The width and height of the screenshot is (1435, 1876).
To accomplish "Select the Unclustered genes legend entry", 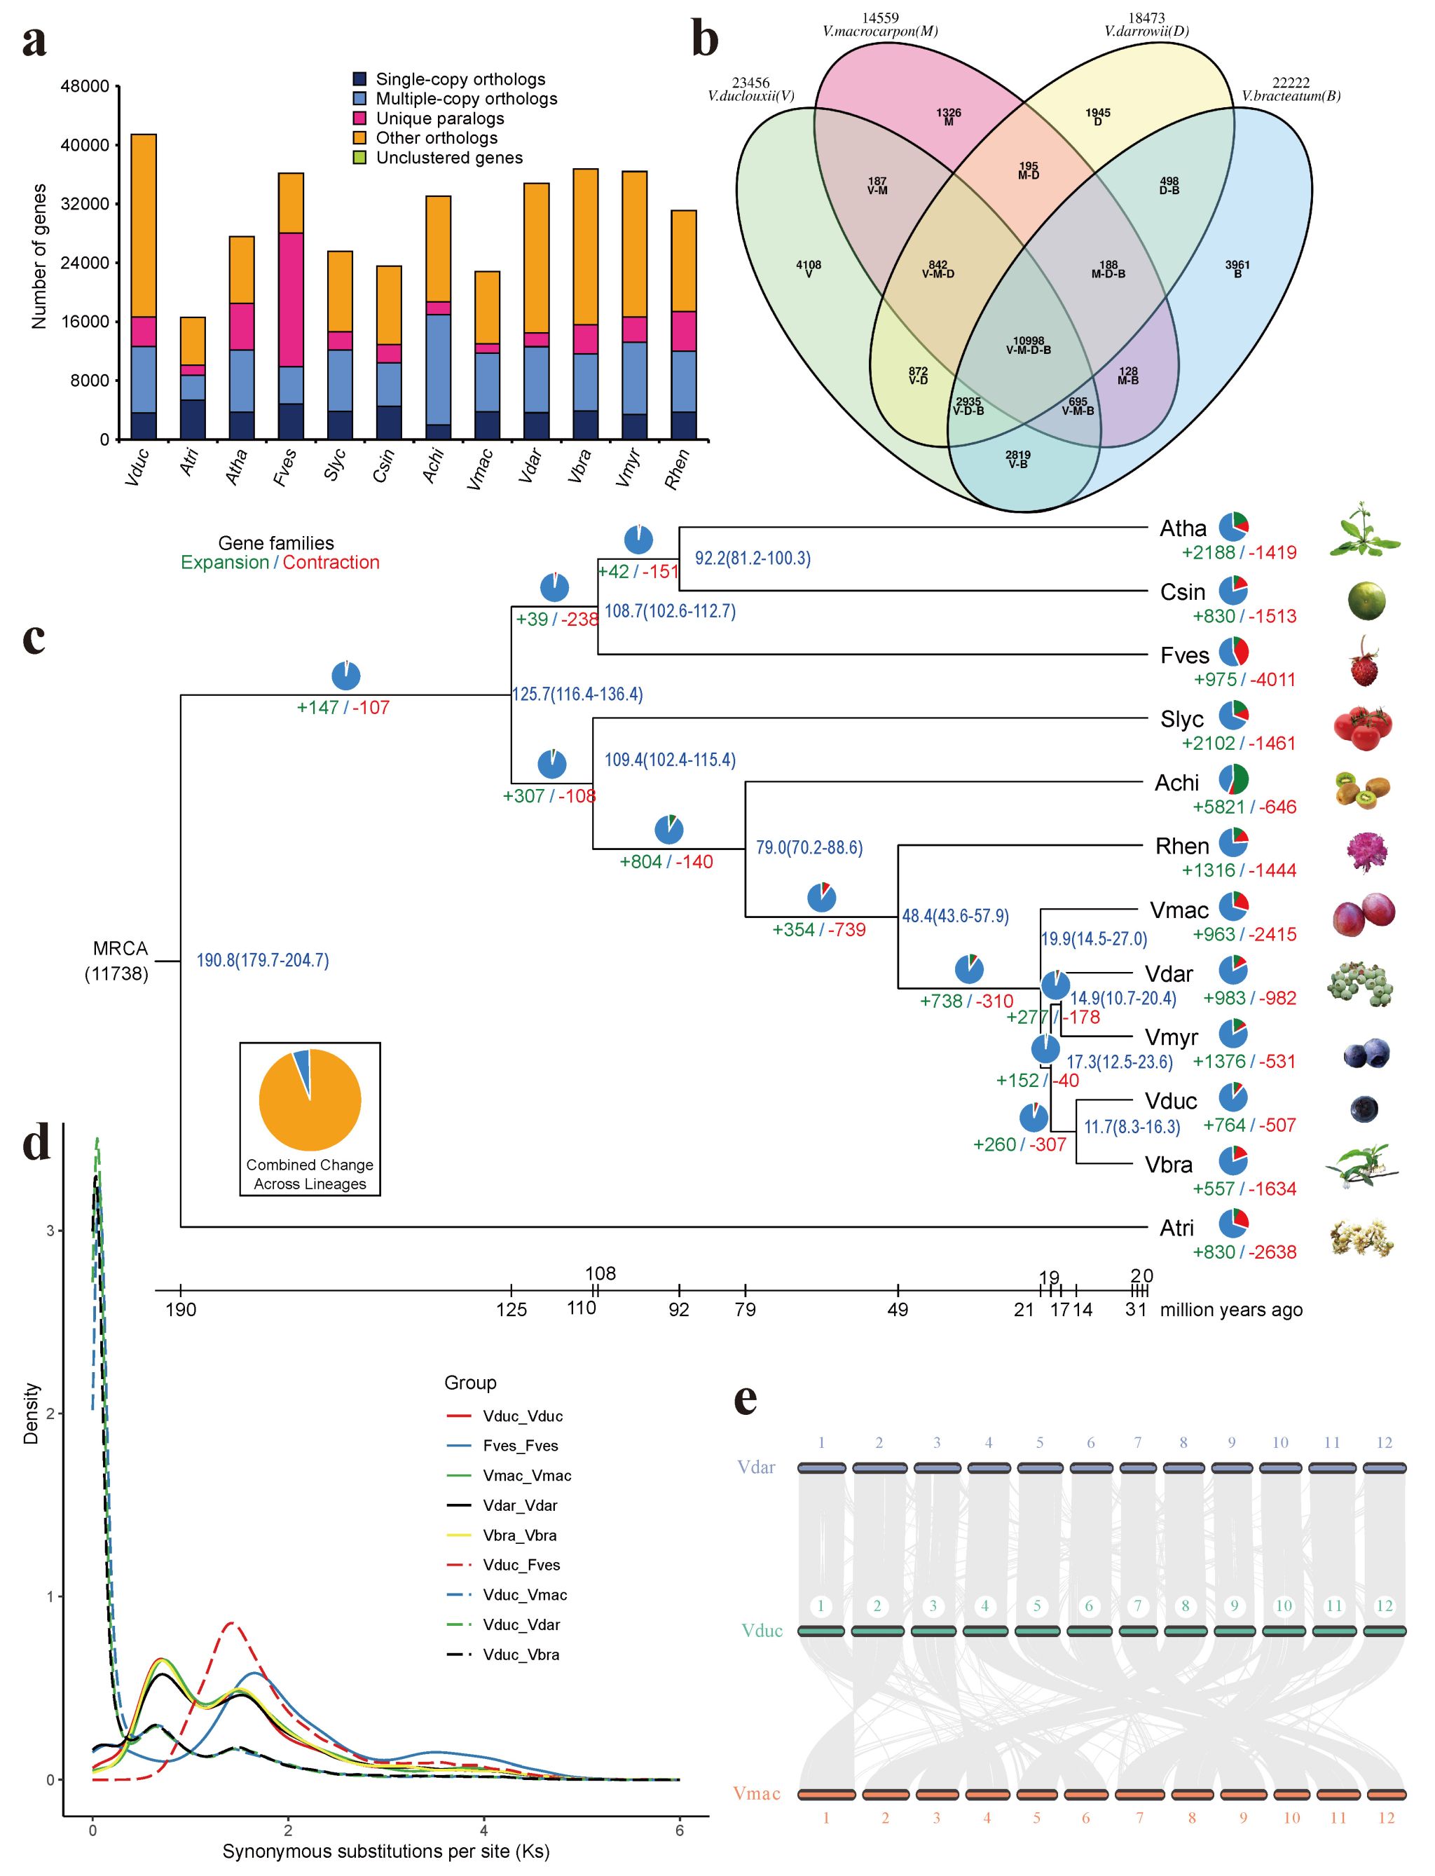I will [x=448, y=158].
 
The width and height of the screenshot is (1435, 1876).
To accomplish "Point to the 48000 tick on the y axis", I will [x=85, y=86].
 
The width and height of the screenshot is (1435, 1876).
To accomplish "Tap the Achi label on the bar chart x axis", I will [x=433, y=467].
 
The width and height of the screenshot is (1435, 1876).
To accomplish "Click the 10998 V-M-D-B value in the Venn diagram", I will [x=1029, y=345].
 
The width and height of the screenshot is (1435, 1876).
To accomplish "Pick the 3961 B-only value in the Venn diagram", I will [x=1237, y=269].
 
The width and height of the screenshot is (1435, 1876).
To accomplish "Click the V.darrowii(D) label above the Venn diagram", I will [x=1146, y=31].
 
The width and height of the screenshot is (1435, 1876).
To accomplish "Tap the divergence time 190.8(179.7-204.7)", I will [x=262, y=960].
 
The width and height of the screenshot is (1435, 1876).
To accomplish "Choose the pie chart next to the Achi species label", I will [x=1233, y=779].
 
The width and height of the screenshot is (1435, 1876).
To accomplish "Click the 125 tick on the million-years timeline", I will [x=511, y=1309].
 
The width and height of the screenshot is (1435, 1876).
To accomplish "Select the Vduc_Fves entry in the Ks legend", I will [x=521, y=1565].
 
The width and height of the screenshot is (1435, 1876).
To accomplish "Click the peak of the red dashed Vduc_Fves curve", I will [x=230, y=1622].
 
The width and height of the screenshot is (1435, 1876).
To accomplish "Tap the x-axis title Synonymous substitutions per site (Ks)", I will [x=386, y=1852].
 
